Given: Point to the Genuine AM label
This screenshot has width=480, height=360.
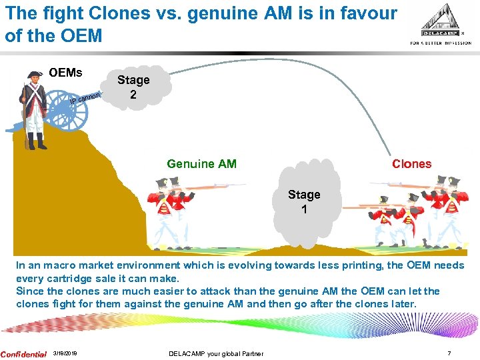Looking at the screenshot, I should pos(201,164).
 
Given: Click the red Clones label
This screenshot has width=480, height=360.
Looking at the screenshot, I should pos(411,164).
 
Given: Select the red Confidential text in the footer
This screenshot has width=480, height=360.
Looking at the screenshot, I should pos(23,354).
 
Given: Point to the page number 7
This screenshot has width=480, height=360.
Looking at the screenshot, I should pos(450,354).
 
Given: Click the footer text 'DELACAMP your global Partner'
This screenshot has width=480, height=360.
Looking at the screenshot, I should pos(216,354).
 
